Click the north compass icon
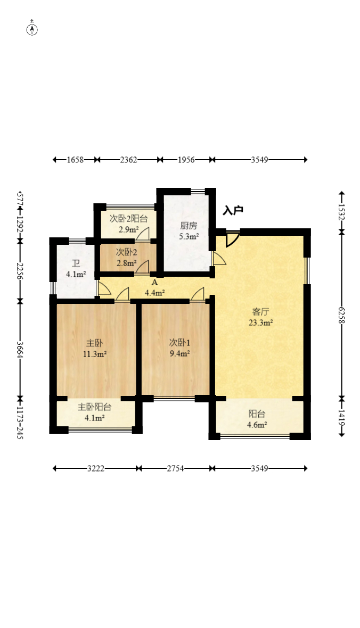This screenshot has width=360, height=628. pyautogui.click(x=32, y=29)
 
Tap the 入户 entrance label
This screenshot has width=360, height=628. pyautogui.click(x=233, y=210)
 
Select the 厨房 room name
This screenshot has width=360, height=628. pyautogui.click(x=189, y=226)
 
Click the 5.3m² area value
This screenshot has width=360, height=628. pyautogui.click(x=189, y=236)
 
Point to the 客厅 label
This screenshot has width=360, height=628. pyautogui.click(x=260, y=312)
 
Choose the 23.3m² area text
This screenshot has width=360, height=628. pyautogui.click(x=260, y=323)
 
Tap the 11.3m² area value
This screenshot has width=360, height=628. pyautogui.click(x=95, y=354)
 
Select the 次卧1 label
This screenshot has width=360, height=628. pyautogui.click(x=179, y=343)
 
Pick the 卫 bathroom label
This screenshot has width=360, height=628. pyautogui.click(x=76, y=264)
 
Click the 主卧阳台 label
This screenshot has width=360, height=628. pyautogui.click(x=95, y=407)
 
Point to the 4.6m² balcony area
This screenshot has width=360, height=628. pyautogui.click(x=257, y=425)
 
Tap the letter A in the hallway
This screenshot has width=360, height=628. pyautogui.click(x=154, y=283)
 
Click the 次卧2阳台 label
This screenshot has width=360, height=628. pyautogui.click(x=129, y=219)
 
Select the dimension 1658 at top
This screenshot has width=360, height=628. pyautogui.click(x=75, y=160)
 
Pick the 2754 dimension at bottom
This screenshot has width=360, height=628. pyautogui.click(x=175, y=468)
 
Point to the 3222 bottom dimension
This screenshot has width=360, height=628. pyautogui.click(x=96, y=468)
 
